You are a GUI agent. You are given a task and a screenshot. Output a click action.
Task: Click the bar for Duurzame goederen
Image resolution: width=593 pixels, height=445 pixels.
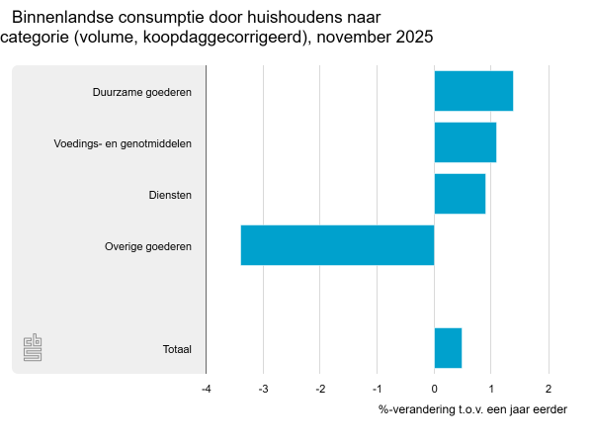pos(473,91)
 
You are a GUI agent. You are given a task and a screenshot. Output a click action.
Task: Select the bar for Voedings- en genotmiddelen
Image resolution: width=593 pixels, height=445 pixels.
pos(465,142)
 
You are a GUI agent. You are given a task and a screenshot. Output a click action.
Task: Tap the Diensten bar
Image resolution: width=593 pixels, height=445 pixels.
pos(460,194)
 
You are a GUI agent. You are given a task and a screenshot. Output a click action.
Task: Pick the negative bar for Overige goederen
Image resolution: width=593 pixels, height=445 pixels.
pos(337,245)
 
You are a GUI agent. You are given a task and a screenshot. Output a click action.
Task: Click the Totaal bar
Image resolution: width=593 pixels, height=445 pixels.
pos(448,348)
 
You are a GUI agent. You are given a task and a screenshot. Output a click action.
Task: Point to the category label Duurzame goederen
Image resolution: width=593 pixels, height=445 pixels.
pos(141,92)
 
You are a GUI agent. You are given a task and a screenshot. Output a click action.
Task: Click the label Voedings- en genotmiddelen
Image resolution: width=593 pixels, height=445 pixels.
pos(123,143)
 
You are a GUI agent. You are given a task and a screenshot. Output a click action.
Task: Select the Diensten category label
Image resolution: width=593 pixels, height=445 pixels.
pos(170,195)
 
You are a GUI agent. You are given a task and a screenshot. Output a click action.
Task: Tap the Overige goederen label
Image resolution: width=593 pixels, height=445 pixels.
pos(147,246)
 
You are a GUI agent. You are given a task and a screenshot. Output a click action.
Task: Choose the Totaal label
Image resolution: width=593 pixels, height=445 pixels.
pos(176,349)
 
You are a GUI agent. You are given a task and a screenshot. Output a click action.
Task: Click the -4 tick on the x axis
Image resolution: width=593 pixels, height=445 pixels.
pos(206,389)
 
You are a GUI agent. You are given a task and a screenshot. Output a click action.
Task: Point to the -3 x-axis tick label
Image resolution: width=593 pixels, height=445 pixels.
pos(263,389)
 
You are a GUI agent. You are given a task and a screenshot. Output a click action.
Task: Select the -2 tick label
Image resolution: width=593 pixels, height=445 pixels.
pos(320,389)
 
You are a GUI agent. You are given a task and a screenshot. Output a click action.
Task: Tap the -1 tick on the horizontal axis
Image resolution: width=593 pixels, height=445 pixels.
pos(377,389)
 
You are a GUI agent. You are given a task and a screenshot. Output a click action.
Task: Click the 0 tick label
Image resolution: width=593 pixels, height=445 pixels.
pos(434,389)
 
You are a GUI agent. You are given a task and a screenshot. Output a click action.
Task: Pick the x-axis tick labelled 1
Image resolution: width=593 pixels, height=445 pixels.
pos(491,389)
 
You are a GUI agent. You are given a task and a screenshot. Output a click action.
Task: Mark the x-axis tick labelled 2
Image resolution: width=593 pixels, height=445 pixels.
pos(549,389)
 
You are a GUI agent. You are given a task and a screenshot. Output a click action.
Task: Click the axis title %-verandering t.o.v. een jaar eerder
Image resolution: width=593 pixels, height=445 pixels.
pos(472,409)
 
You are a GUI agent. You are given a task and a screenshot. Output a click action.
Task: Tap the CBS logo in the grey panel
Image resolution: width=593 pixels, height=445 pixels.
pos(33,347)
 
